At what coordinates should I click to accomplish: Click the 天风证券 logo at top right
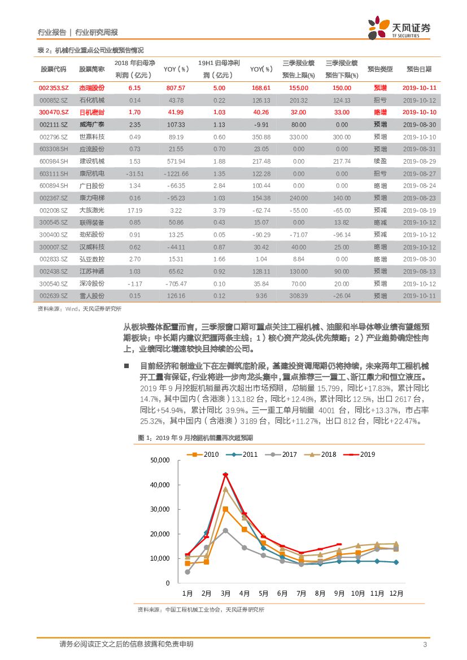(399, 28)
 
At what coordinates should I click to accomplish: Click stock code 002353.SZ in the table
(53, 88)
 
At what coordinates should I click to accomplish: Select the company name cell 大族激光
(92, 210)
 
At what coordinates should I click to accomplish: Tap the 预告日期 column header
(419, 69)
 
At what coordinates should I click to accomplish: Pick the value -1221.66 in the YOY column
(176, 174)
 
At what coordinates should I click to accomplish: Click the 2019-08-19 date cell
(420, 210)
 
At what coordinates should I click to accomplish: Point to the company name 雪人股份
(92, 296)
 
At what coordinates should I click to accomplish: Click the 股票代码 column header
(53, 69)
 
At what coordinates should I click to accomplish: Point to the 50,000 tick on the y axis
(160, 461)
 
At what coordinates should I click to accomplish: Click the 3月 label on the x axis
(225, 594)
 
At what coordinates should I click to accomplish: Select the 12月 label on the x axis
(396, 594)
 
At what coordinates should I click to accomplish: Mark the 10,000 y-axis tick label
(160, 558)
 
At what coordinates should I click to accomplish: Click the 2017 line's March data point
(225, 531)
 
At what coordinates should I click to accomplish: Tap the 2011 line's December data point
(396, 562)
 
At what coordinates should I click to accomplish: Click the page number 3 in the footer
(424, 645)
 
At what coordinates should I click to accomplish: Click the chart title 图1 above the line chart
(195, 438)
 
